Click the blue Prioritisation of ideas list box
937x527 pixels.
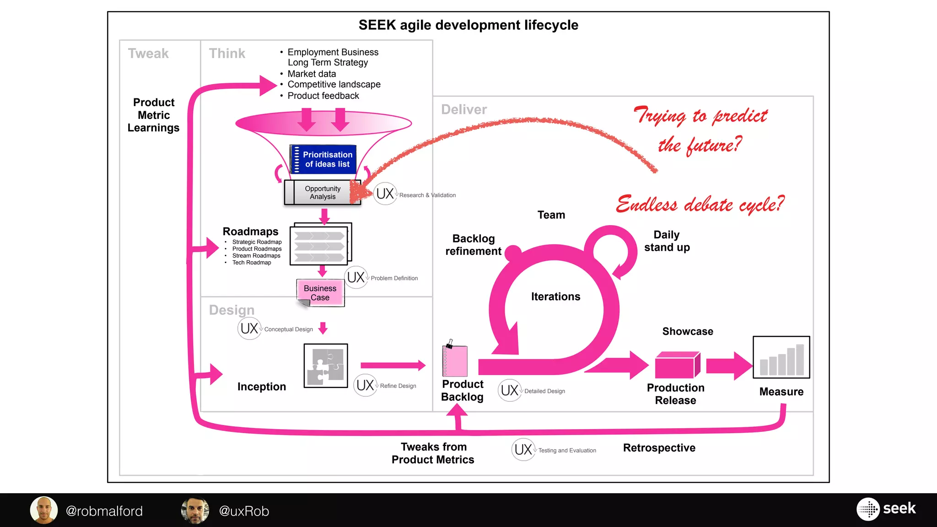click(x=323, y=159)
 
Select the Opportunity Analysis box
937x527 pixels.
click(x=323, y=193)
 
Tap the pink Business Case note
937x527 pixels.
click(x=320, y=293)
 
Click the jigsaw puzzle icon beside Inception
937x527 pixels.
click(x=326, y=366)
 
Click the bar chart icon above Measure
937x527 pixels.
click(x=781, y=358)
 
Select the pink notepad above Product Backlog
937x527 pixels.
click(x=455, y=360)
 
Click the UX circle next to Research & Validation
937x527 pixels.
click(x=385, y=194)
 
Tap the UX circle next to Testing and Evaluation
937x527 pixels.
click(x=523, y=450)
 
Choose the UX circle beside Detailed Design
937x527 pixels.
click(x=510, y=390)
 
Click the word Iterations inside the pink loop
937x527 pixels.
click(x=555, y=296)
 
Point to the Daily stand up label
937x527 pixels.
click(x=667, y=241)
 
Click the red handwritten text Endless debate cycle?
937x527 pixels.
click(x=700, y=204)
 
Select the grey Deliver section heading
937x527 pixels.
click(x=463, y=110)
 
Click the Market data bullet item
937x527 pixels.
click(x=312, y=74)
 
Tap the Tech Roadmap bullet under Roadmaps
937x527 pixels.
click(x=251, y=263)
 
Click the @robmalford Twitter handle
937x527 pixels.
click(x=104, y=511)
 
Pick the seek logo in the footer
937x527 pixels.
click(x=887, y=509)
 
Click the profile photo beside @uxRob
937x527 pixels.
click(x=195, y=511)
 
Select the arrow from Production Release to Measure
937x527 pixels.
click(x=729, y=366)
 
